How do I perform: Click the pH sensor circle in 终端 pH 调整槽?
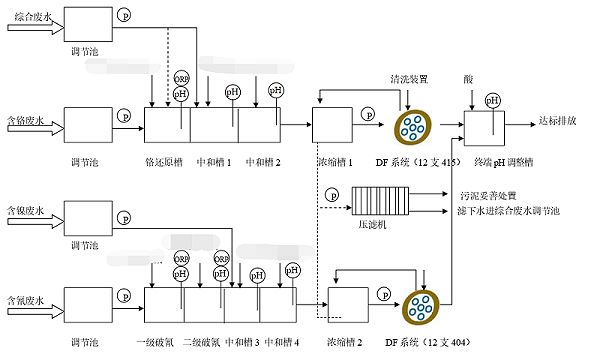[492, 100]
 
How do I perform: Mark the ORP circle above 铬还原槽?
[182, 77]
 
